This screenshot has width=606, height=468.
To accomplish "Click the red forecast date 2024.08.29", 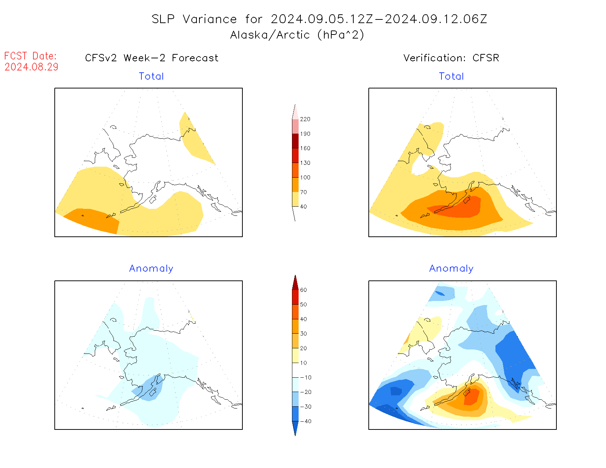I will pyautogui.click(x=31, y=67).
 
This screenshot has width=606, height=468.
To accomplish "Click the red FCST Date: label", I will pyautogui.click(x=30, y=56).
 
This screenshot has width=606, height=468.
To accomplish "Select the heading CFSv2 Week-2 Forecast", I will pyautogui.click(x=151, y=58).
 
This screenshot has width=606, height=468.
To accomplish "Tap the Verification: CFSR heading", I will pyautogui.click(x=451, y=58).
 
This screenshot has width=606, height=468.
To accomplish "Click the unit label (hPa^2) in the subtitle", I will pyautogui.click(x=341, y=35).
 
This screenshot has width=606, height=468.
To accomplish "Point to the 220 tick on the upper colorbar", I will pyautogui.click(x=305, y=119).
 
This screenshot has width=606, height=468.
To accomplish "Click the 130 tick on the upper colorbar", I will pyautogui.click(x=305, y=163).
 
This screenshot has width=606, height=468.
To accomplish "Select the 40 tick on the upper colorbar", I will pyautogui.click(x=303, y=207).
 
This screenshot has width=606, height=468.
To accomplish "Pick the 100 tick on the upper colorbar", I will pyautogui.click(x=305, y=178).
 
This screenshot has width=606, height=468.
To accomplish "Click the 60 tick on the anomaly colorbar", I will pyautogui.click(x=303, y=290).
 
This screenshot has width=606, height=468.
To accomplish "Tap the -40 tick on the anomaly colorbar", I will pyautogui.click(x=306, y=421).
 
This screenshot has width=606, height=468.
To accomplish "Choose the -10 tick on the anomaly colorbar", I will pyautogui.click(x=306, y=378).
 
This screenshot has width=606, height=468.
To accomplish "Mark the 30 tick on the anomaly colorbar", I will pyautogui.click(x=303, y=334).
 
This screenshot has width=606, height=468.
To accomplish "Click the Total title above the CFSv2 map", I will pyautogui.click(x=151, y=76).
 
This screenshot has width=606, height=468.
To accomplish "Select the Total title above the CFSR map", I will pyautogui.click(x=451, y=76).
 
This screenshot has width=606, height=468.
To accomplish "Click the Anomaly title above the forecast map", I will pyautogui.click(x=151, y=269).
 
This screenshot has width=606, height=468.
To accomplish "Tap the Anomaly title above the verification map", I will pyautogui.click(x=451, y=269).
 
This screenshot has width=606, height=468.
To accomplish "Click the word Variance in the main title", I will pyautogui.click(x=210, y=19).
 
